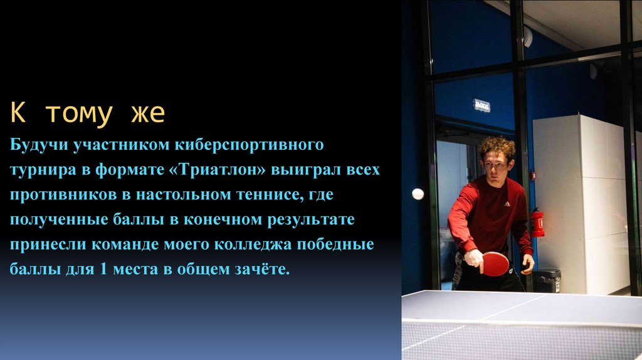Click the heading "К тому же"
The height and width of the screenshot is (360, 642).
tap(87, 114)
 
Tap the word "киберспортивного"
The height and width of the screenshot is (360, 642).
tap(264, 146)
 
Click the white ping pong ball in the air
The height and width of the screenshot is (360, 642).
tap(418, 194)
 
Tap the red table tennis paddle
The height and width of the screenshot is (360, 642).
tap(496, 264)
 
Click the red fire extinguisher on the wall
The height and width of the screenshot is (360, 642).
tap(537, 223)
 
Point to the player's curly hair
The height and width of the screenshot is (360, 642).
tap(497, 147)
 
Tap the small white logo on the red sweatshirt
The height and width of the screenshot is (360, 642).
tap(507, 204)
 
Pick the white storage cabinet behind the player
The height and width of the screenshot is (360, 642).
tap(580, 201)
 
